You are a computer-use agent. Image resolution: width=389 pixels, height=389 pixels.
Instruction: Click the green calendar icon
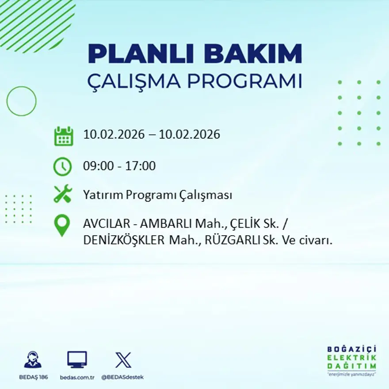[x=63, y=136]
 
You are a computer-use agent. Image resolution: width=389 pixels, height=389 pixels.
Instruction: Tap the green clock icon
[x=62, y=167]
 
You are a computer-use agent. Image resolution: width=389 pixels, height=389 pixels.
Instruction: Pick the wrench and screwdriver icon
[x=63, y=194]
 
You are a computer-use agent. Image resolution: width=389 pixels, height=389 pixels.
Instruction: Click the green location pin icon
[x=62, y=225]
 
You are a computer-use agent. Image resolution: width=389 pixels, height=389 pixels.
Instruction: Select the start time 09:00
[x=95, y=166]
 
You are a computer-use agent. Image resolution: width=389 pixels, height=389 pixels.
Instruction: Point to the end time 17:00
[x=142, y=166]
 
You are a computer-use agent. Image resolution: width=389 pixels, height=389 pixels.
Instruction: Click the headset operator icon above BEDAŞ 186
[x=33, y=359]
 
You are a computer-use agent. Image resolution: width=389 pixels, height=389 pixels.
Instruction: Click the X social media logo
[x=123, y=359]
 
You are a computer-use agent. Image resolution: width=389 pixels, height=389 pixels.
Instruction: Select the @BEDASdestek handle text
[x=122, y=377]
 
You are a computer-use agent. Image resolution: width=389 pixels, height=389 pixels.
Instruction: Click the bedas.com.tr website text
[x=77, y=377]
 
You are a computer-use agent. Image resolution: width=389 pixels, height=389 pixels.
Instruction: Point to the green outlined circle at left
[x=21, y=101]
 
